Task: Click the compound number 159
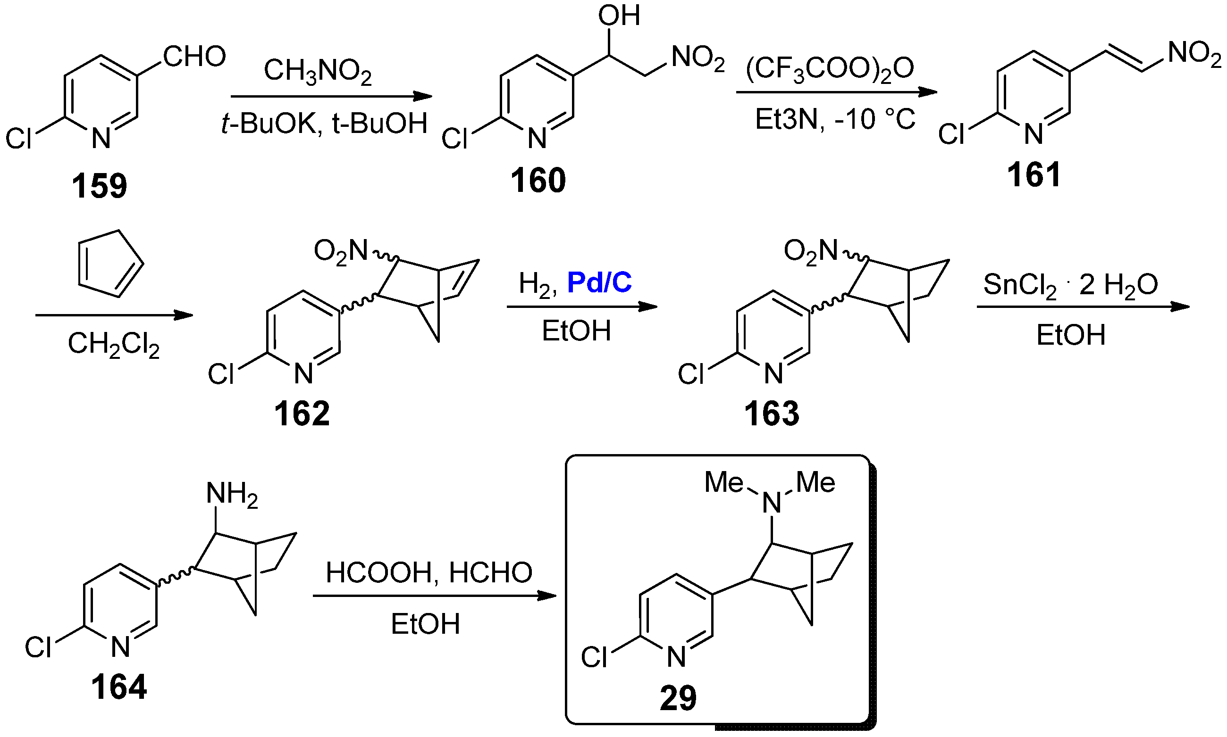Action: pos(100,186)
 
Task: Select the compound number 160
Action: pos(538,180)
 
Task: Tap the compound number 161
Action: pos(1034,175)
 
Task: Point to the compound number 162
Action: pos(302,413)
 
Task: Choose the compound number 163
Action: pos(771,413)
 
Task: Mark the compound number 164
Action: pos(119,687)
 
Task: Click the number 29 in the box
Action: pos(678,698)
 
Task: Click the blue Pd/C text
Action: pos(599,282)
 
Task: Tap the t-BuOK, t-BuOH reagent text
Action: pos(324,123)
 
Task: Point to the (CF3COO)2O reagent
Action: pos(830,68)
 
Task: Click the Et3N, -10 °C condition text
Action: pos(835,119)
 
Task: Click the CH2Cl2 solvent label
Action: pos(113,344)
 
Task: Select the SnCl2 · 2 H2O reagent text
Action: pos(1070,286)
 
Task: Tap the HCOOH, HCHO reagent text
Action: pos(429,572)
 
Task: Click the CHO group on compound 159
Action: pos(194,56)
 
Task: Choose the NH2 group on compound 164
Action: pos(232,495)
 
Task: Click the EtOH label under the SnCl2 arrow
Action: pos(1070,335)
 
